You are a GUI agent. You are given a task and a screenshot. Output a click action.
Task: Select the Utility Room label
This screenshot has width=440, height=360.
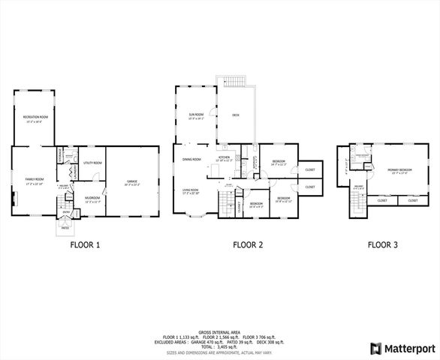click(x=93, y=163)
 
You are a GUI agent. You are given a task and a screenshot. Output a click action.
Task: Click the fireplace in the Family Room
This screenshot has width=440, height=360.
click(x=14, y=199)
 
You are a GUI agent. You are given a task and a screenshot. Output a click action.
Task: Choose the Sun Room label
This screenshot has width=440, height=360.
click(x=196, y=115)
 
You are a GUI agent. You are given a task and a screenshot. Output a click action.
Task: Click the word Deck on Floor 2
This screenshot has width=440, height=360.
click(x=236, y=115)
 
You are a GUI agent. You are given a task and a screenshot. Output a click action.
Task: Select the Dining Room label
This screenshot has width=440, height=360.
click(x=191, y=159)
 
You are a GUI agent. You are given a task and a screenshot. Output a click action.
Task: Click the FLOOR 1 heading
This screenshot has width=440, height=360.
click(x=85, y=244)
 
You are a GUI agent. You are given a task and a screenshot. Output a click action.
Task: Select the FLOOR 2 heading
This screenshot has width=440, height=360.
click(x=247, y=244)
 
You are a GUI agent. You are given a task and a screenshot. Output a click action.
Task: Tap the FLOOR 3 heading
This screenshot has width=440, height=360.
click(x=383, y=244)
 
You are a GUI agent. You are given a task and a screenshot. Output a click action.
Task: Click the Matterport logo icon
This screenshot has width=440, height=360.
click(x=375, y=349)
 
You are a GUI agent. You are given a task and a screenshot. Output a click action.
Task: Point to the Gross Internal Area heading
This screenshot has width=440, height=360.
click(x=220, y=331)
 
